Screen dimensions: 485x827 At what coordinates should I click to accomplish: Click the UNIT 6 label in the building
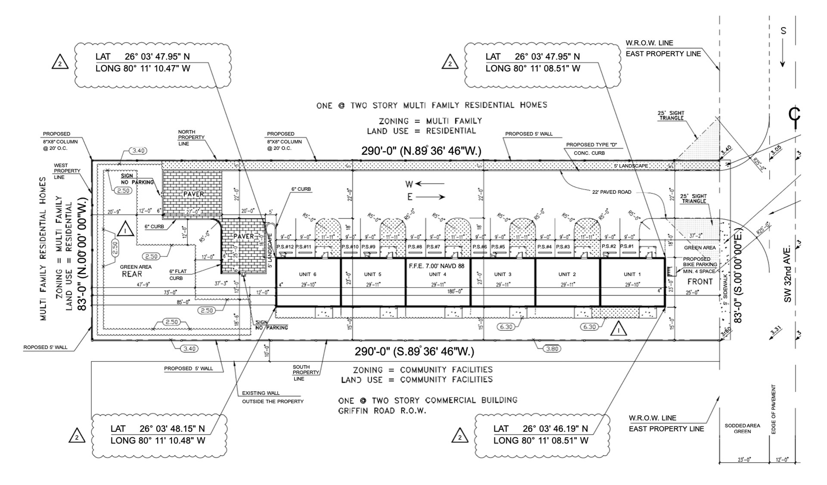(x=308, y=274)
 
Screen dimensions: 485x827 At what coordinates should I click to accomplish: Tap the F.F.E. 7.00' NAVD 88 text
(x=436, y=266)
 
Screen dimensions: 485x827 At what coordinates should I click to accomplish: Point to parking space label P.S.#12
(x=285, y=246)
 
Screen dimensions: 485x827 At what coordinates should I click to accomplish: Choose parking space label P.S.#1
(x=627, y=246)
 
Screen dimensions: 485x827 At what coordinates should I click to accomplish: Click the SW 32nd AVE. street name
(x=788, y=274)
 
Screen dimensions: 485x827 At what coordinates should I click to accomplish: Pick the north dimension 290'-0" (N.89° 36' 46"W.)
(x=421, y=151)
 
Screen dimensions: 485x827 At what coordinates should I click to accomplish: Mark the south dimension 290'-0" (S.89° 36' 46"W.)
(x=414, y=351)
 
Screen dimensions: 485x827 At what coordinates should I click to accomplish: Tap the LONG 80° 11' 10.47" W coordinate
(x=143, y=68)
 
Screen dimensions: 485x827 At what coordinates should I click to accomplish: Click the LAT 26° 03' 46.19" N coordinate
(x=541, y=429)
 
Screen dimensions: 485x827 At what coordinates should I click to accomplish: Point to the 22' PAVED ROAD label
(x=612, y=192)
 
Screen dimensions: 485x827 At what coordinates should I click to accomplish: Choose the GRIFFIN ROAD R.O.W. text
(x=382, y=411)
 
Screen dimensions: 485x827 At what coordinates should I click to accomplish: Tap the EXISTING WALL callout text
(x=261, y=393)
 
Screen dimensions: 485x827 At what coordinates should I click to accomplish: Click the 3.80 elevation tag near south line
(x=552, y=348)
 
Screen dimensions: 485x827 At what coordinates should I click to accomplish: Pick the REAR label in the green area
(x=132, y=274)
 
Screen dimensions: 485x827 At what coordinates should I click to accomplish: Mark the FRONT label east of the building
(x=700, y=282)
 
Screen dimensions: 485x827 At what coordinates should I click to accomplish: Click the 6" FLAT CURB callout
(x=177, y=274)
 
